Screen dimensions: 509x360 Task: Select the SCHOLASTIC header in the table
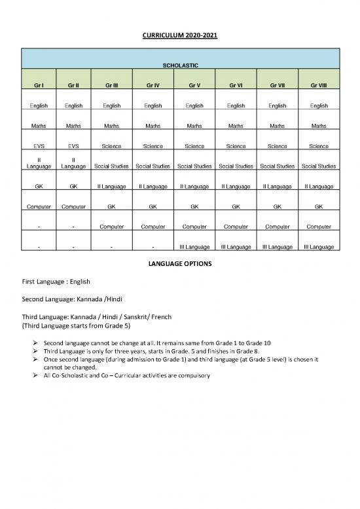tap(180, 66)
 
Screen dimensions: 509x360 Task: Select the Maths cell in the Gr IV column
tap(152, 126)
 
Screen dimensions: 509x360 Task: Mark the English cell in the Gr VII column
tap(278, 105)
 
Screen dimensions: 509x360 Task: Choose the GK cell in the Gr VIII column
tap(318, 206)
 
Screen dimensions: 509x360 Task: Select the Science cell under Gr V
tap(194, 146)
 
